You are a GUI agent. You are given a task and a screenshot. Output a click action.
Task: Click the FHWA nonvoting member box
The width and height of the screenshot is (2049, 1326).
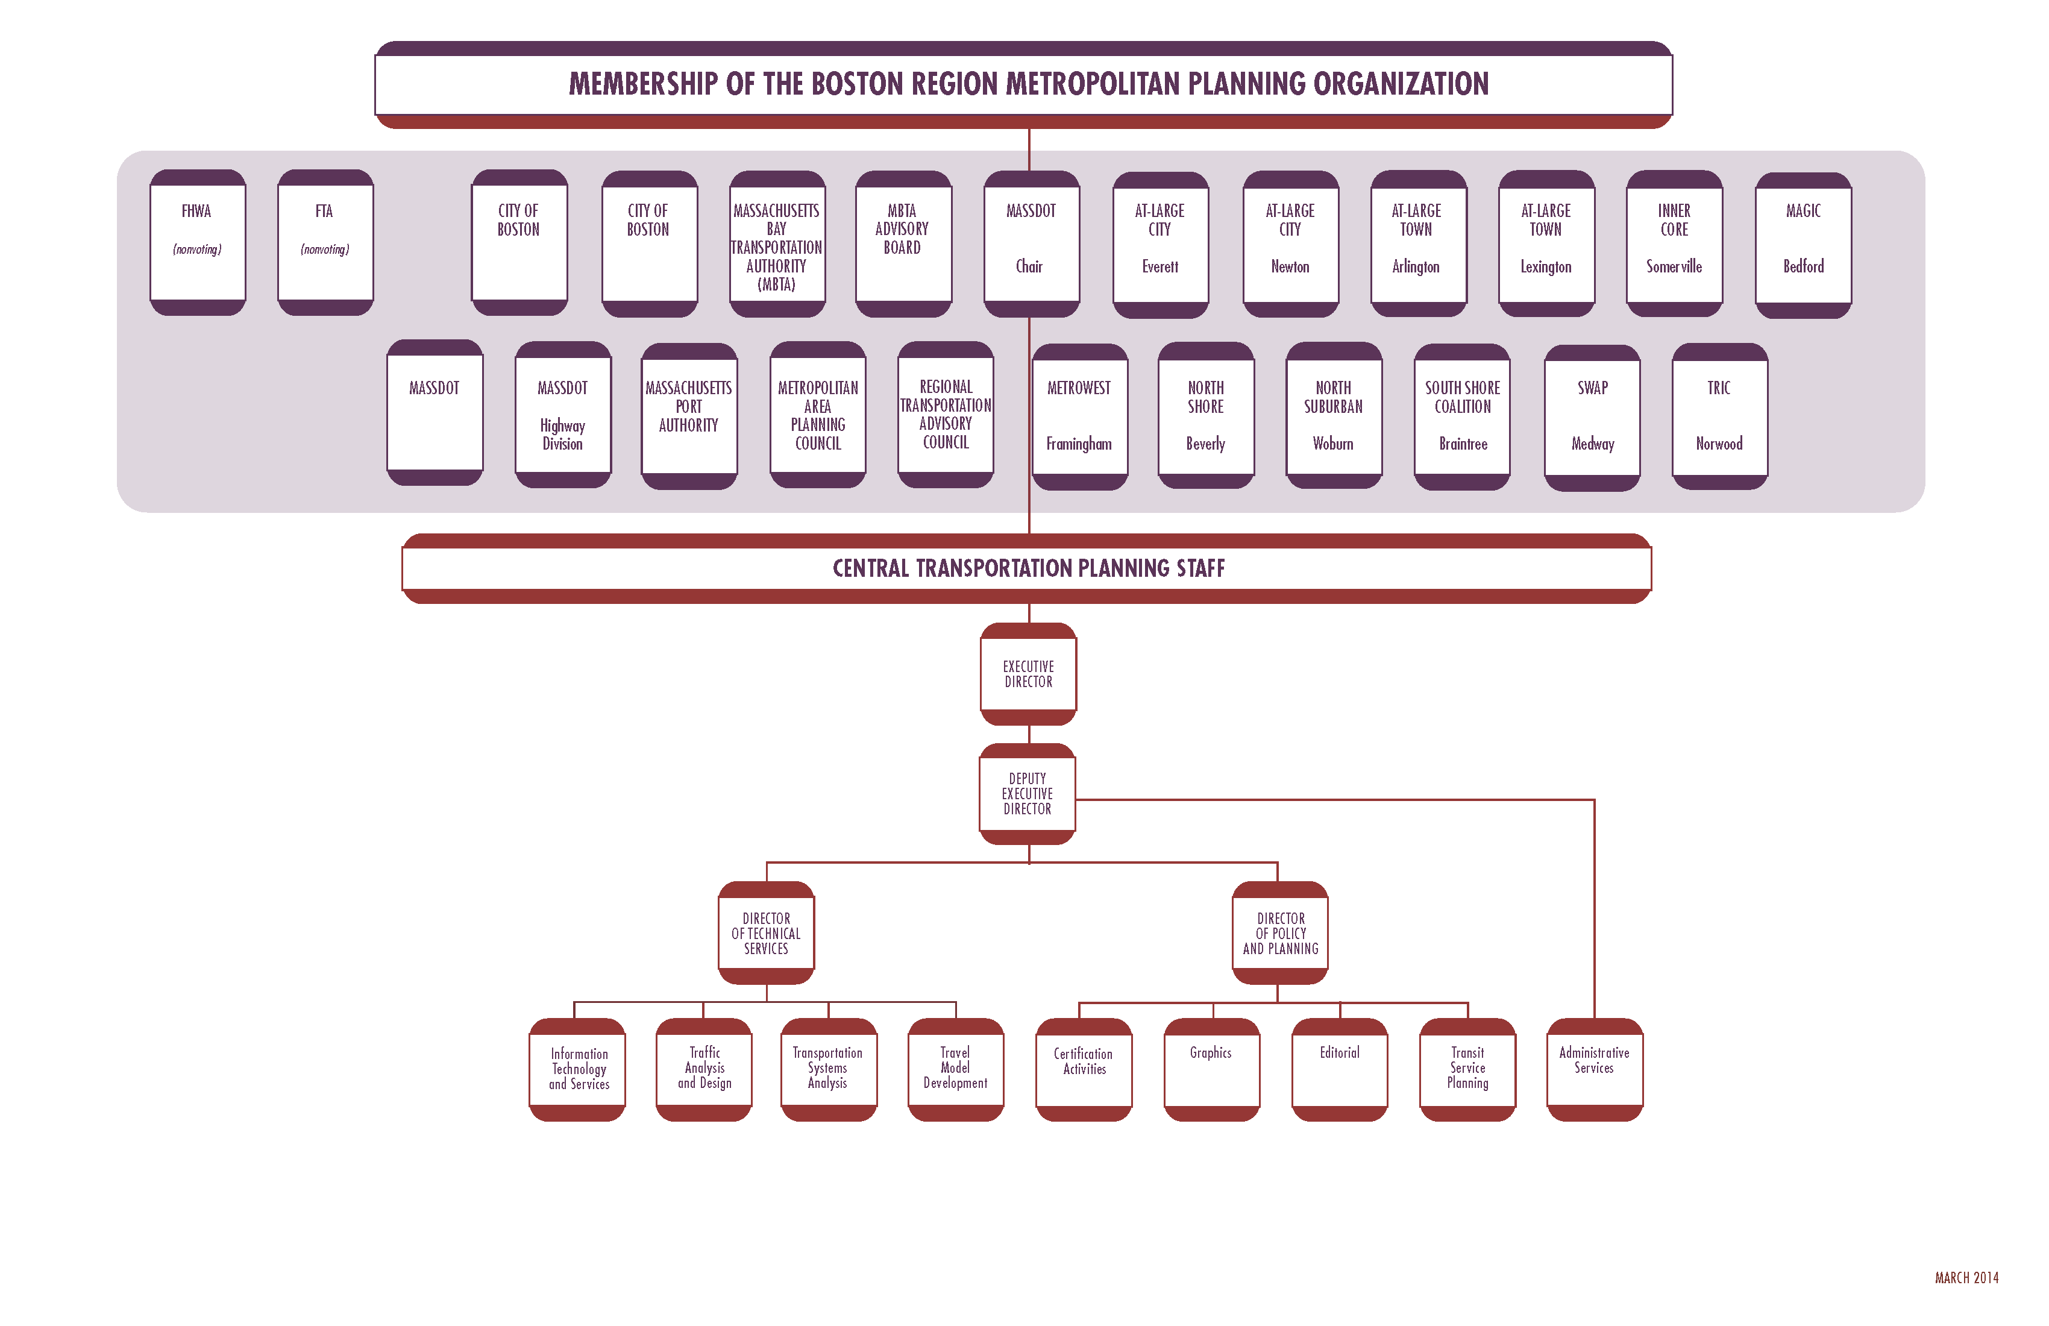pyautogui.click(x=197, y=243)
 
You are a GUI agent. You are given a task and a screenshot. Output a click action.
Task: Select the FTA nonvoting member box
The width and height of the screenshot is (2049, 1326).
pyautogui.click(x=325, y=243)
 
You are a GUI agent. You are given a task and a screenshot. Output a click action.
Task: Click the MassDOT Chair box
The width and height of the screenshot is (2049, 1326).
pyautogui.click(x=1031, y=243)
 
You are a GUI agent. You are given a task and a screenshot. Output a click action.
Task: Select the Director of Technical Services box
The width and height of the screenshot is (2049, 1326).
pyautogui.click(x=765, y=932)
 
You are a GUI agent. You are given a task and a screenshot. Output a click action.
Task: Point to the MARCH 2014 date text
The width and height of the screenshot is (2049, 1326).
pyautogui.click(x=1966, y=1278)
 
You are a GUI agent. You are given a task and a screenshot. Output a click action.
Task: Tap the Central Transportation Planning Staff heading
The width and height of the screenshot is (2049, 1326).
pyautogui.click(x=1028, y=568)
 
